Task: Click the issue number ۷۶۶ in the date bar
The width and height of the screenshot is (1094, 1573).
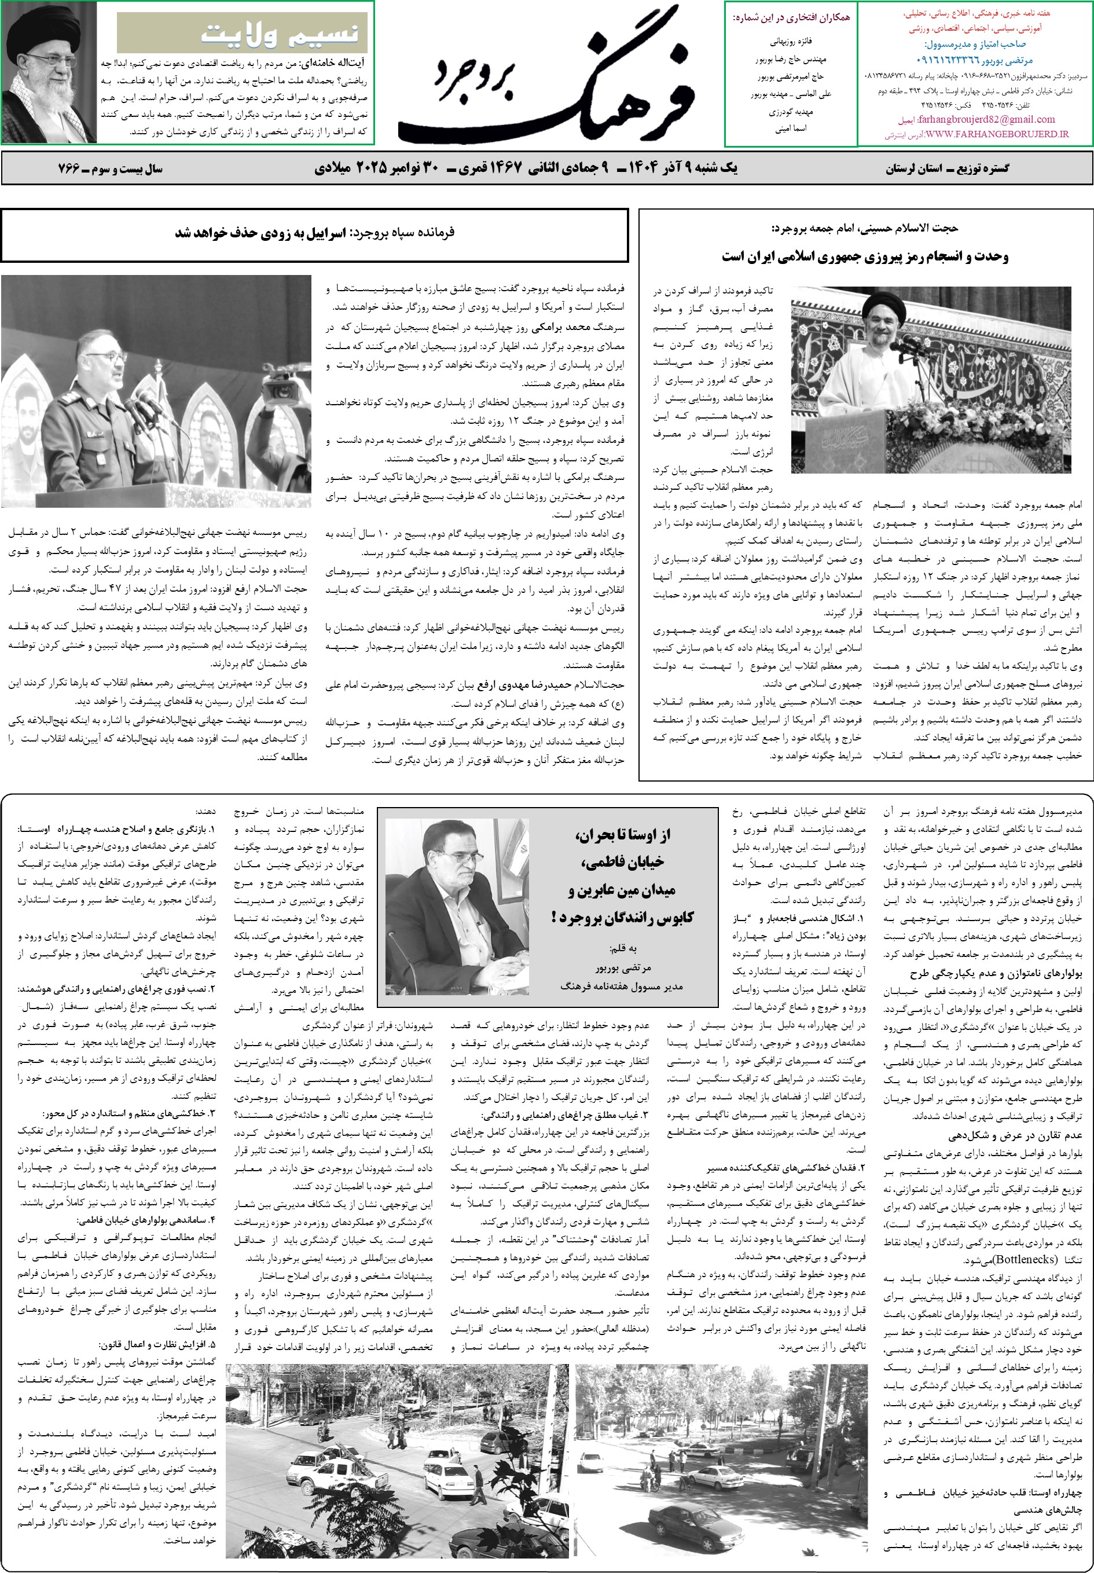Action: tap(68, 168)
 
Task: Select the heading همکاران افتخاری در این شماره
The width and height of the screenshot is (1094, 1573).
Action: tap(791, 19)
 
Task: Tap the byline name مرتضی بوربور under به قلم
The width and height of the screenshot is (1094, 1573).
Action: tap(623, 968)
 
